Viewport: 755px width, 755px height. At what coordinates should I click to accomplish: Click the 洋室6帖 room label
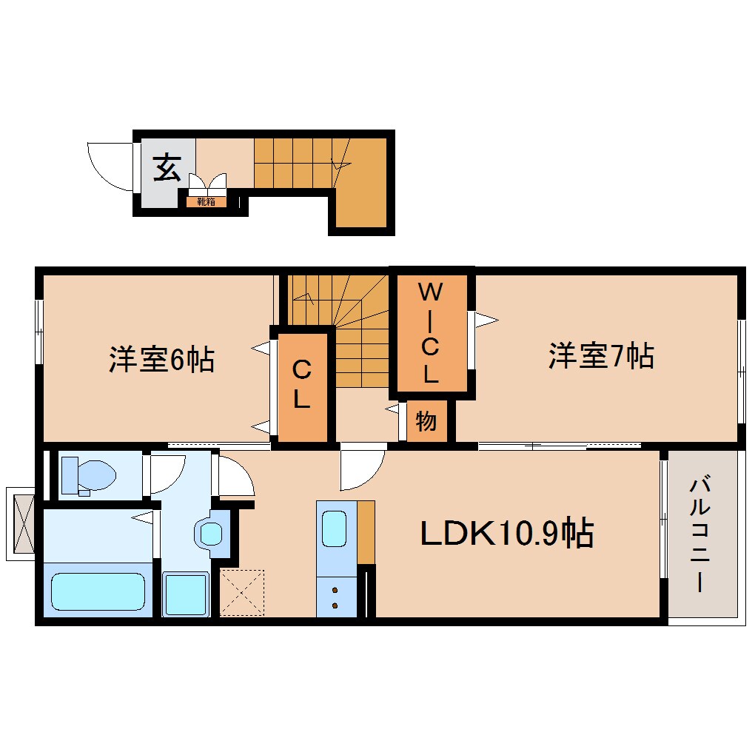click(x=161, y=360)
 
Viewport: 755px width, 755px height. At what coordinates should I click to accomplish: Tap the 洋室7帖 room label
click(x=600, y=357)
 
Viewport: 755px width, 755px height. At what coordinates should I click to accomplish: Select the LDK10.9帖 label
click(x=506, y=533)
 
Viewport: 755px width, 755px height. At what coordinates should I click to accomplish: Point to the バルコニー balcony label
click(x=699, y=536)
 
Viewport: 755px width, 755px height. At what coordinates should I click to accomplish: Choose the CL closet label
click(x=301, y=384)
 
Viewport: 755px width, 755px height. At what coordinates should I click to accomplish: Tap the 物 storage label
click(x=426, y=422)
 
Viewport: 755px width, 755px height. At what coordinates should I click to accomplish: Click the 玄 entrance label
click(x=167, y=170)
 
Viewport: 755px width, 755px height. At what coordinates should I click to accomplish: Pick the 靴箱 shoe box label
click(x=206, y=201)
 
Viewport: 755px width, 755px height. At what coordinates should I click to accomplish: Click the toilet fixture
click(x=88, y=474)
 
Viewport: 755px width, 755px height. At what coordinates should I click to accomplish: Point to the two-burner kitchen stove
click(x=335, y=597)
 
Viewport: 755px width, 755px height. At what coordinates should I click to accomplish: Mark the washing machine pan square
click(x=185, y=594)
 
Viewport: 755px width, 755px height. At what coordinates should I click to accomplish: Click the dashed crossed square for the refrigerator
click(x=242, y=592)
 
